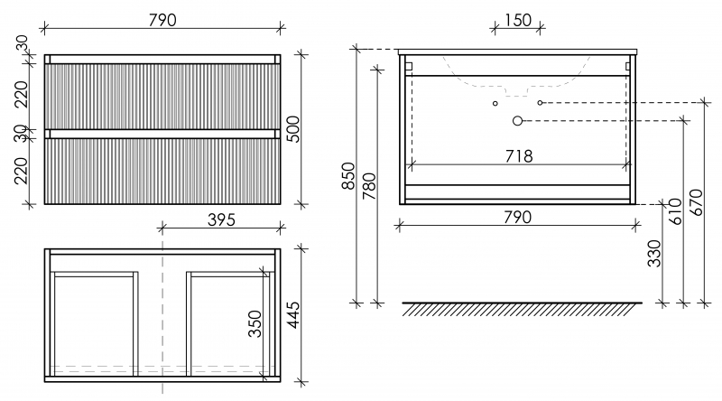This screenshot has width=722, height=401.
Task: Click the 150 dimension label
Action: pos(518,20)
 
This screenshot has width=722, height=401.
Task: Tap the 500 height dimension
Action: pos(292,129)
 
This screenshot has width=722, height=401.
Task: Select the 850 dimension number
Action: pos(348,175)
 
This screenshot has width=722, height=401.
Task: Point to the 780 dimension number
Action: pos(369,186)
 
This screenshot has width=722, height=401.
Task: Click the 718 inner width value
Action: pos(519,157)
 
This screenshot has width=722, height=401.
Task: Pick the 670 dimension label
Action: pos(696,202)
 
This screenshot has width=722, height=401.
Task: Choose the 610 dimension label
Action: pos(675,211)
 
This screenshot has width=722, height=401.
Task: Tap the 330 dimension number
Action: pos(653,254)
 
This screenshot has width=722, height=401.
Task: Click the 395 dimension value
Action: pos(221,219)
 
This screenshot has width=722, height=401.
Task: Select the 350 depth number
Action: pos(255,323)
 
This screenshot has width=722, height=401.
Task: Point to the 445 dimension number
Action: pos(292,315)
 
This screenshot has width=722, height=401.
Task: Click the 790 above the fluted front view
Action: pos(162,20)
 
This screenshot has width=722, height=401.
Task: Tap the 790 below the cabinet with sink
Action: pos(517,217)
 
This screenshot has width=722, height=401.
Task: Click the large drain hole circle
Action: pos(517,121)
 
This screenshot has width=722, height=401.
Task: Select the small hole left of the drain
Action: pos(495,103)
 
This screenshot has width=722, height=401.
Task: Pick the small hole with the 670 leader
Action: pos(540,103)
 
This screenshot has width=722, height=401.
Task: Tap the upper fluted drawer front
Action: pos(162,97)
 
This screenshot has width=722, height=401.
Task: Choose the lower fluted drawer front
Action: pos(162,171)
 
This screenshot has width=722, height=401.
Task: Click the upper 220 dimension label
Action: pos(21,94)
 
